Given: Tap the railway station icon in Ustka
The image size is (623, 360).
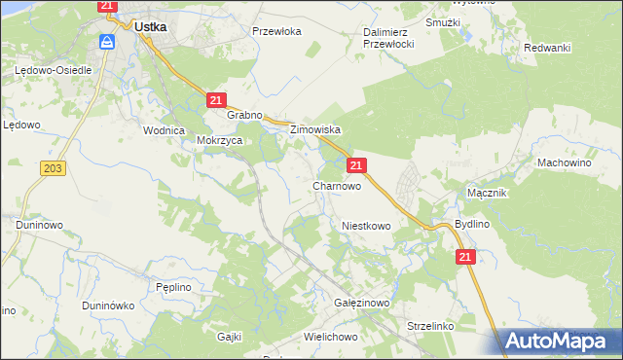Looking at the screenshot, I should click(108, 42).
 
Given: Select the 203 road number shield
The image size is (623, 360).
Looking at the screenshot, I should click(54, 169).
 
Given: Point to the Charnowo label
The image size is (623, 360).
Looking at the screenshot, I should click(337, 185).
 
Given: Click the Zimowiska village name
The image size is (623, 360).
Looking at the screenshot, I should click(313, 129).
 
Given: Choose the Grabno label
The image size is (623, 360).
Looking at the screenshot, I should click(245, 115).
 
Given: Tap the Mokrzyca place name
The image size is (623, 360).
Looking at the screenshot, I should click(219, 139).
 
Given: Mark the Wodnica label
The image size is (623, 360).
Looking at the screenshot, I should click(164, 130).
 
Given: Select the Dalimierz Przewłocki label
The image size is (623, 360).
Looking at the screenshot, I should click(389, 38).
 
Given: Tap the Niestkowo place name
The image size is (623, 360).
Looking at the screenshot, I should click(366, 226).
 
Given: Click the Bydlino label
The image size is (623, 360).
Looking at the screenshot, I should click(472, 224).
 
